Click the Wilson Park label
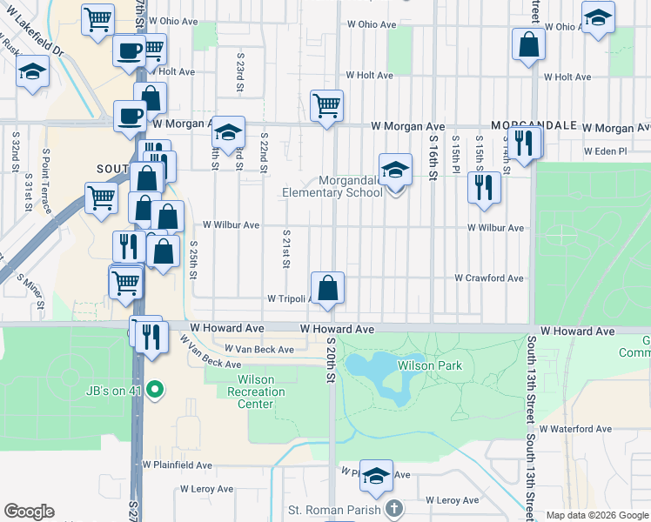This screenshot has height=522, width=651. [430, 366]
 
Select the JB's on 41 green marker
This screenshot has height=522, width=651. [155, 388]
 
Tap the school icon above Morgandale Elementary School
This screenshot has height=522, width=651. [394, 169]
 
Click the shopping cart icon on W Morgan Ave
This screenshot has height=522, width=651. [326, 106]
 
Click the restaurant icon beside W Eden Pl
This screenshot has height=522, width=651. [524, 142]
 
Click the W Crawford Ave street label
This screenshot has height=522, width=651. [489, 278]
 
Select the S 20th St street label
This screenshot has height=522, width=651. [331, 366]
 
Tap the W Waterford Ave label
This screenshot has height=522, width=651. [575, 429]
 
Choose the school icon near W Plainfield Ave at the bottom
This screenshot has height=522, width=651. [376, 475]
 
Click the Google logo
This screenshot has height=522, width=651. [30, 512]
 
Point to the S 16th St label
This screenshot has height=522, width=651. [433, 157]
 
